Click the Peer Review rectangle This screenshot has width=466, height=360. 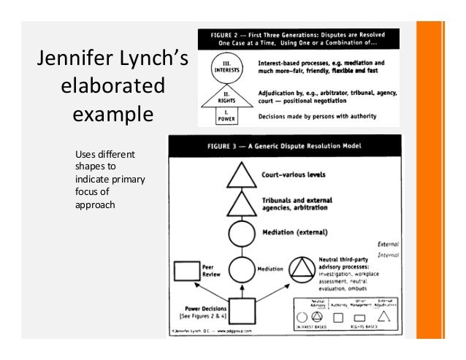[186, 272]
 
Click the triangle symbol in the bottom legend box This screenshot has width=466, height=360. [386, 316]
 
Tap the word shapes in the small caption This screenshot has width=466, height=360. [90, 167]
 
